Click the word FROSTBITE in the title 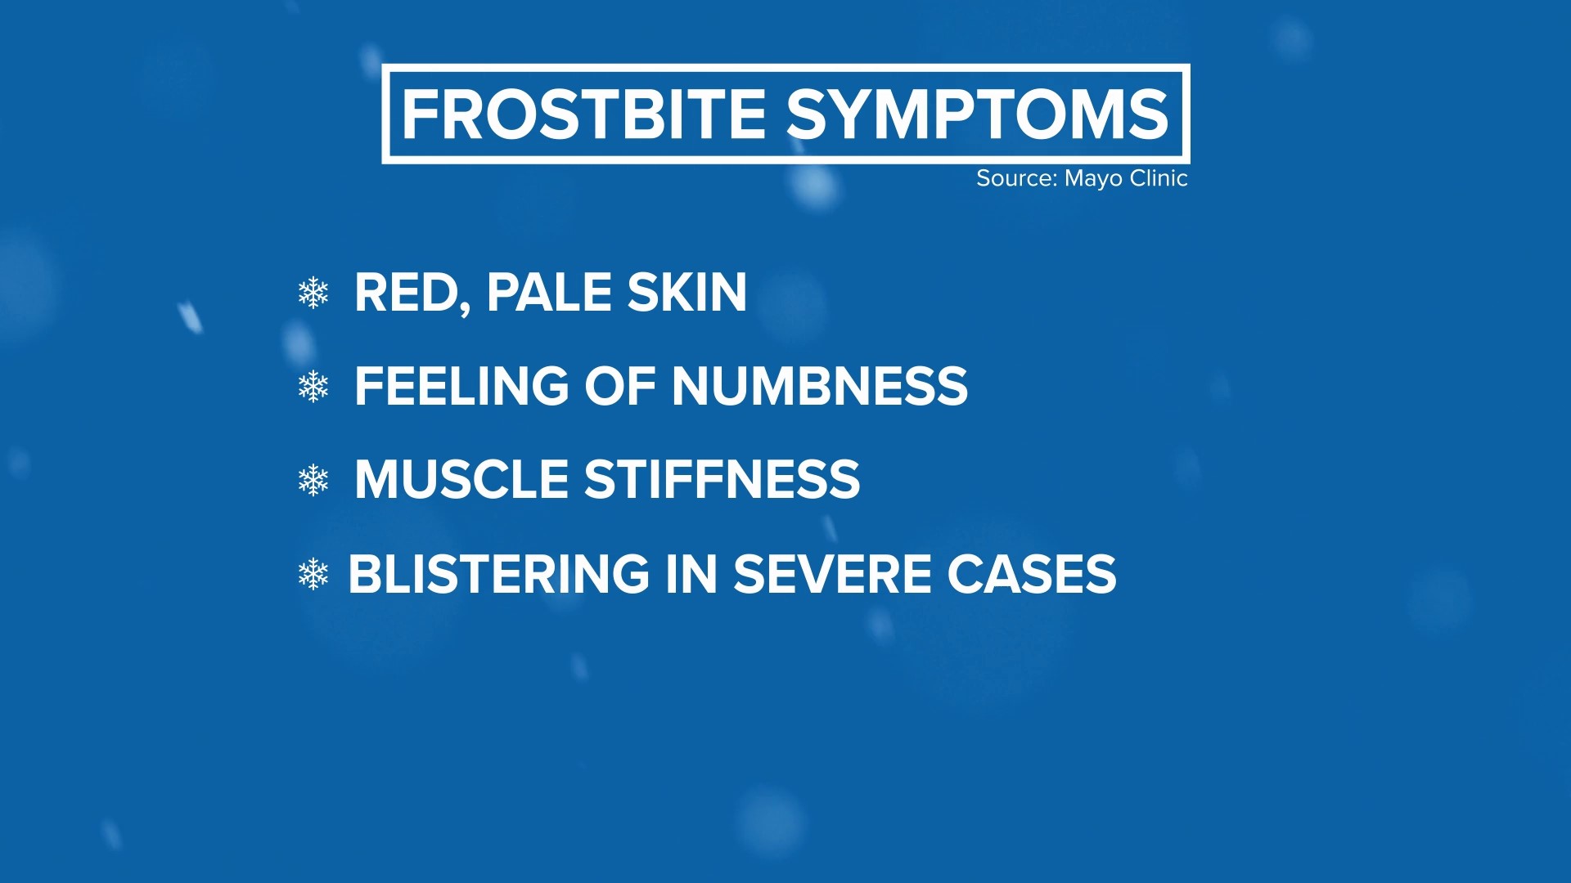(583, 114)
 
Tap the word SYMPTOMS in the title (977, 114)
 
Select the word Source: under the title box (1016, 178)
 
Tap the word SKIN (687, 293)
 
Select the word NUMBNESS (819, 386)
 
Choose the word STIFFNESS (722, 479)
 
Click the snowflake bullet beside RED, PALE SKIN (313, 293)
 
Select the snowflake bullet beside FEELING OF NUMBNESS (313, 386)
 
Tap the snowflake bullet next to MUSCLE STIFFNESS (313, 480)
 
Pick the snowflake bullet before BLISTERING (313, 574)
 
